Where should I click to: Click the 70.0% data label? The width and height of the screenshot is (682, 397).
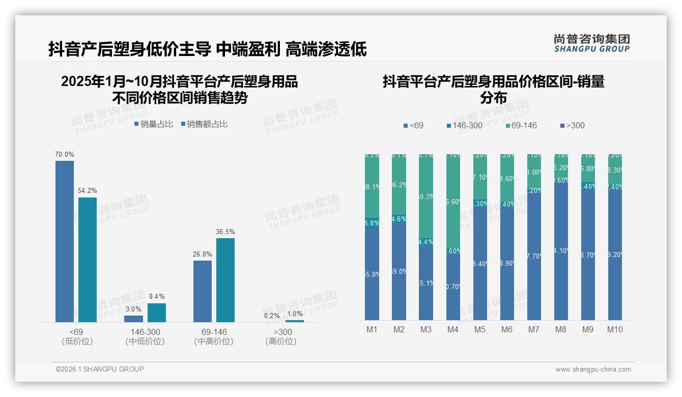point(65,154)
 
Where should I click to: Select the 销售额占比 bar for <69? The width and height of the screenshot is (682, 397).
point(88,260)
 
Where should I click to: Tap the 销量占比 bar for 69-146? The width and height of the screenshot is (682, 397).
point(203,291)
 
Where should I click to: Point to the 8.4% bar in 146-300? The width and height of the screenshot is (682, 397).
point(157,313)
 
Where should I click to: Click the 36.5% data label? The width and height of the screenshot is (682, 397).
point(225,232)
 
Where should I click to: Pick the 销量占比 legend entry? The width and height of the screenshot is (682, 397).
point(154,124)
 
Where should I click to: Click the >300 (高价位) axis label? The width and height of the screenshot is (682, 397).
point(281,336)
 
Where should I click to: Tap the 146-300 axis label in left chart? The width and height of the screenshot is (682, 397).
point(145,332)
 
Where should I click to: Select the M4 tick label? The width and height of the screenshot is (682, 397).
point(453,329)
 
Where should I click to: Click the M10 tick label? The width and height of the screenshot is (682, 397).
point(615,329)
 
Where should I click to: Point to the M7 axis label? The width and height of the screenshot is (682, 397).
point(533,329)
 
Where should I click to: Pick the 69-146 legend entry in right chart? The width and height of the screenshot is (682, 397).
point(521,125)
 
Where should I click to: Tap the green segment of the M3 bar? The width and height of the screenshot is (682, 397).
point(426,196)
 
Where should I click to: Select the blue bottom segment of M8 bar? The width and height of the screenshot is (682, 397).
point(561,249)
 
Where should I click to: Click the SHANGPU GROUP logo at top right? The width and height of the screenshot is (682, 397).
point(591,43)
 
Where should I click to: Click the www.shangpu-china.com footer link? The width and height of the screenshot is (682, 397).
point(593,370)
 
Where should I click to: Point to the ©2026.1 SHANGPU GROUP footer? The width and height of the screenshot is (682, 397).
point(100,369)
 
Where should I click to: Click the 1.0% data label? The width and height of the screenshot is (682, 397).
point(295,314)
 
